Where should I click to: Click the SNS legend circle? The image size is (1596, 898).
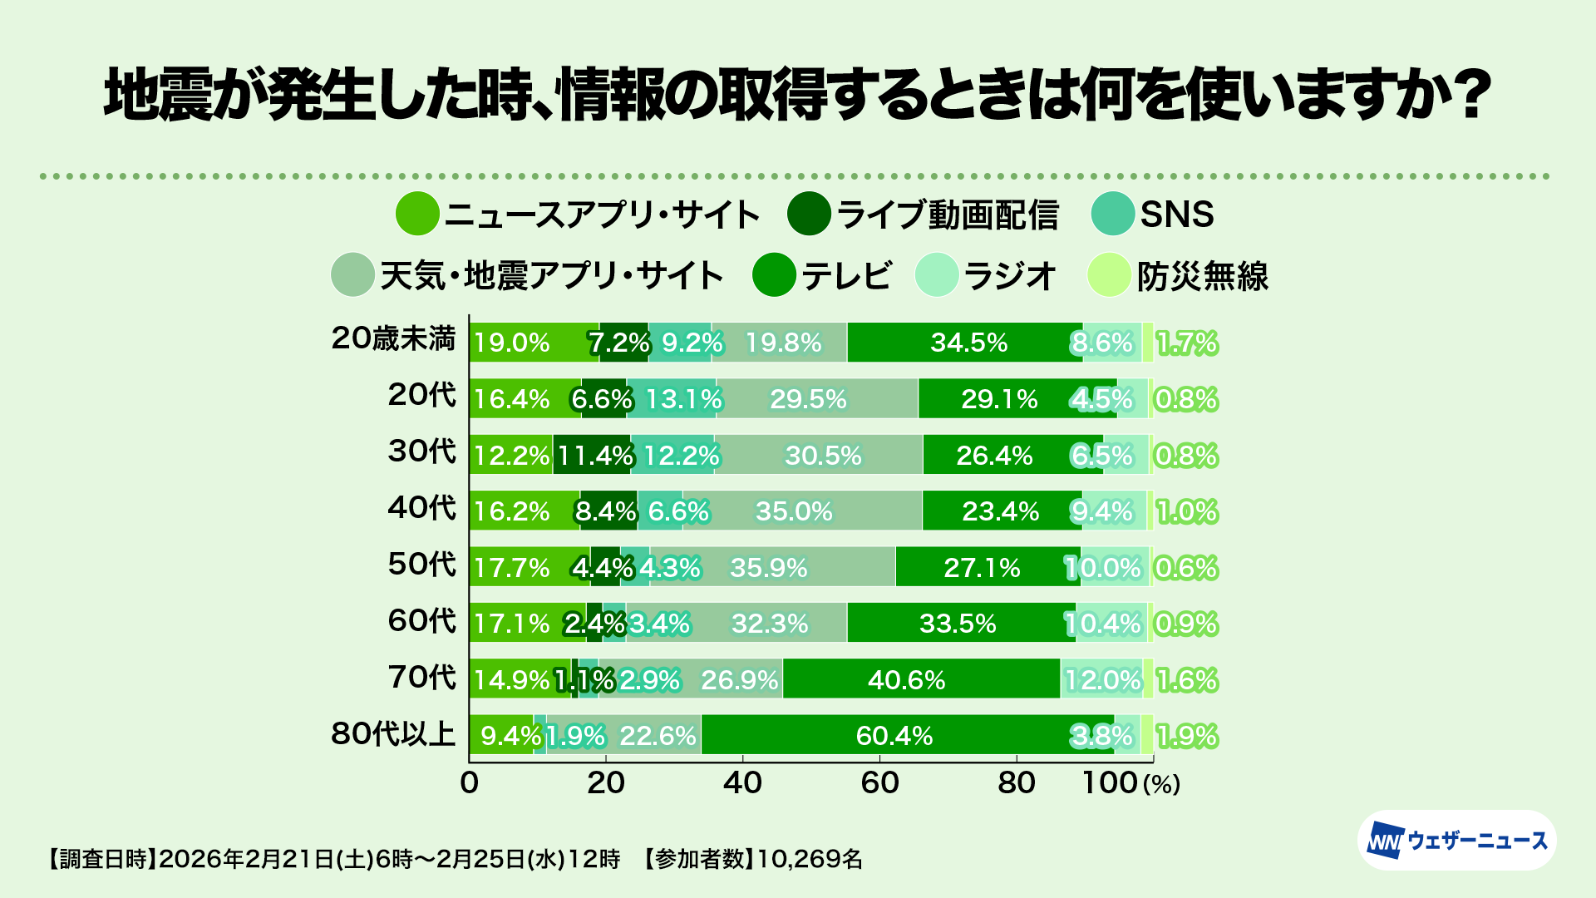(x=1112, y=214)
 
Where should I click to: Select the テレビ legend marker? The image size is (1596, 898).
(x=774, y=275)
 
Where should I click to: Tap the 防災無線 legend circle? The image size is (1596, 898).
(x=1109, y=275)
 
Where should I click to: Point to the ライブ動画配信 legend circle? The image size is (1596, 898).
(x=809, y=214)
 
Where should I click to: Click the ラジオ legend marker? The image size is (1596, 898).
(x=936, y=275)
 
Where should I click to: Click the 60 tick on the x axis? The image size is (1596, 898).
(x=879, y=782)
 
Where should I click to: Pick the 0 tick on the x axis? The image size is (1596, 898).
(x=470, y=782)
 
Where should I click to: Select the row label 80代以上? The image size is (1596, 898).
(x=393, y=734)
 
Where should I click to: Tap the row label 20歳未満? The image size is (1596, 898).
(x=393, y=338)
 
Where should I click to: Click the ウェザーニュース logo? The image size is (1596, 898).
(x=1457, y=841)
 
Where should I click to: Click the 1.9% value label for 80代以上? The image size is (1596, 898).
(x=1187, y=736)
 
